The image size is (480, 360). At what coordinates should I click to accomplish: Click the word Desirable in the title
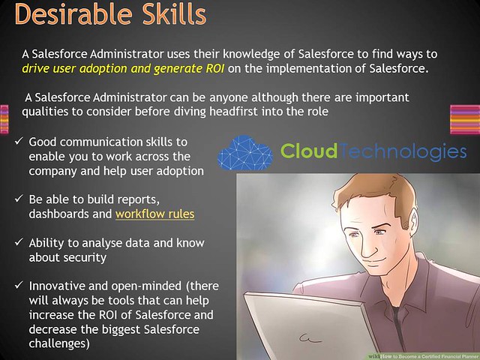coord(73,13)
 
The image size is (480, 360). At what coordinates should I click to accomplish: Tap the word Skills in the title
coord(175,13)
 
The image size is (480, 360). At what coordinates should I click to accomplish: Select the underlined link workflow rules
coord(155,214)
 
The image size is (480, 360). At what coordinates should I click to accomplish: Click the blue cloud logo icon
coord(245,153)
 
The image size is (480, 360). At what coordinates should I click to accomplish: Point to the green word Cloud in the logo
coord(309,151)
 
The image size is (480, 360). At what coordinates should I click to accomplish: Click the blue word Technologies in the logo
coord(403,152)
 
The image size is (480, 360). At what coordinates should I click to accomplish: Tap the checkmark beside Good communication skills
coord(19,141)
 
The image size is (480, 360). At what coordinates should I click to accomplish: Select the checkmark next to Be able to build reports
coord(19,199)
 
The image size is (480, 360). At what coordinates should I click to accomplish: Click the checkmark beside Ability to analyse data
coord(19,242)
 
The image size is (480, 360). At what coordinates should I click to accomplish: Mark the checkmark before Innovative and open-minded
coord(19,285)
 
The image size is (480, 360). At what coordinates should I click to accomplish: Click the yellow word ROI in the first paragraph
coord(215,68)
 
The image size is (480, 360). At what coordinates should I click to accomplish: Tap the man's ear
coord(413,218)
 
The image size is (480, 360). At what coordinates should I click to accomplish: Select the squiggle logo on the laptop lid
coord(310,338)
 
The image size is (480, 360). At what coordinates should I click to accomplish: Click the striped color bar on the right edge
coord(465,119)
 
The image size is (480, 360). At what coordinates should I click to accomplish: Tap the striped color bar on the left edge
coord(4,119)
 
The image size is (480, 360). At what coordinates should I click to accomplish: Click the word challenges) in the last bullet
coord(59,343)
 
